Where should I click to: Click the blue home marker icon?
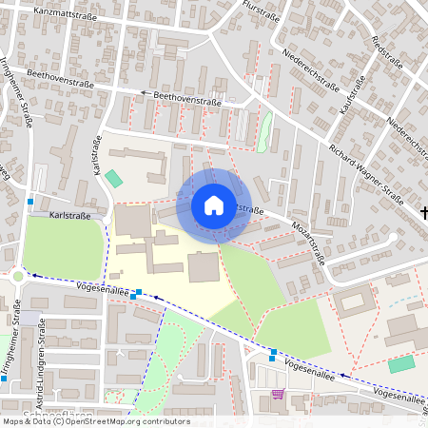click(214, 205)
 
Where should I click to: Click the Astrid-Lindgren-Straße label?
click(42, 354)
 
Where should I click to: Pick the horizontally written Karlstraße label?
click(70, 216)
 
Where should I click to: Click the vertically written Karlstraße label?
click(97, 157)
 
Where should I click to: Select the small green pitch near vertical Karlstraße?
click(114, 178)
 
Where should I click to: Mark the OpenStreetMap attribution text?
click(95, 420)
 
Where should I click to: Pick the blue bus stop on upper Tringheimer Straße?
click(31, 202)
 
